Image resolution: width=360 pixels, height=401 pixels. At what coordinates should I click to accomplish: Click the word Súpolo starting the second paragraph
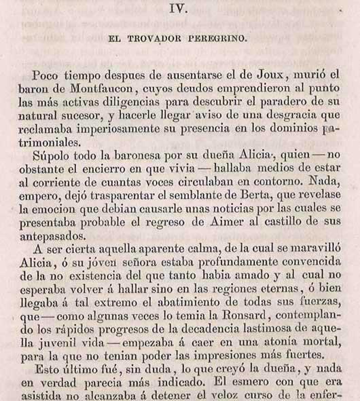pyautogui.click(x=48, y=159)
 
